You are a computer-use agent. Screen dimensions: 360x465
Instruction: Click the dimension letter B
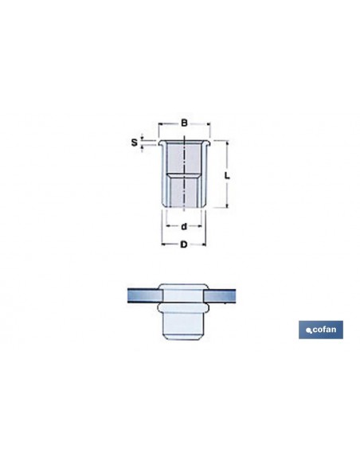(184, 123)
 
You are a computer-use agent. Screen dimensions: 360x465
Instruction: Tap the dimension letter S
(135, 143)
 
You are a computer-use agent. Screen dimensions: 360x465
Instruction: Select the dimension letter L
(227, 175)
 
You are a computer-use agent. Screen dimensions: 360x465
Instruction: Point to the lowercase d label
(184, 227)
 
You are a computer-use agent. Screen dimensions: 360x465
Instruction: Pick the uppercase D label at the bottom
(184, 244)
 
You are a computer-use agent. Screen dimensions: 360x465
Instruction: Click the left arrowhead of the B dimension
(160, 123)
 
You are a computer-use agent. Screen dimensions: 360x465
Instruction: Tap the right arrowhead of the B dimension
(208, 123)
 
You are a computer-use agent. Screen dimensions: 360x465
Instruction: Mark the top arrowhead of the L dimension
(228, 143)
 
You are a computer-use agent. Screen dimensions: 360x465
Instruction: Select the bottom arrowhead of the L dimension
(228, 205)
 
